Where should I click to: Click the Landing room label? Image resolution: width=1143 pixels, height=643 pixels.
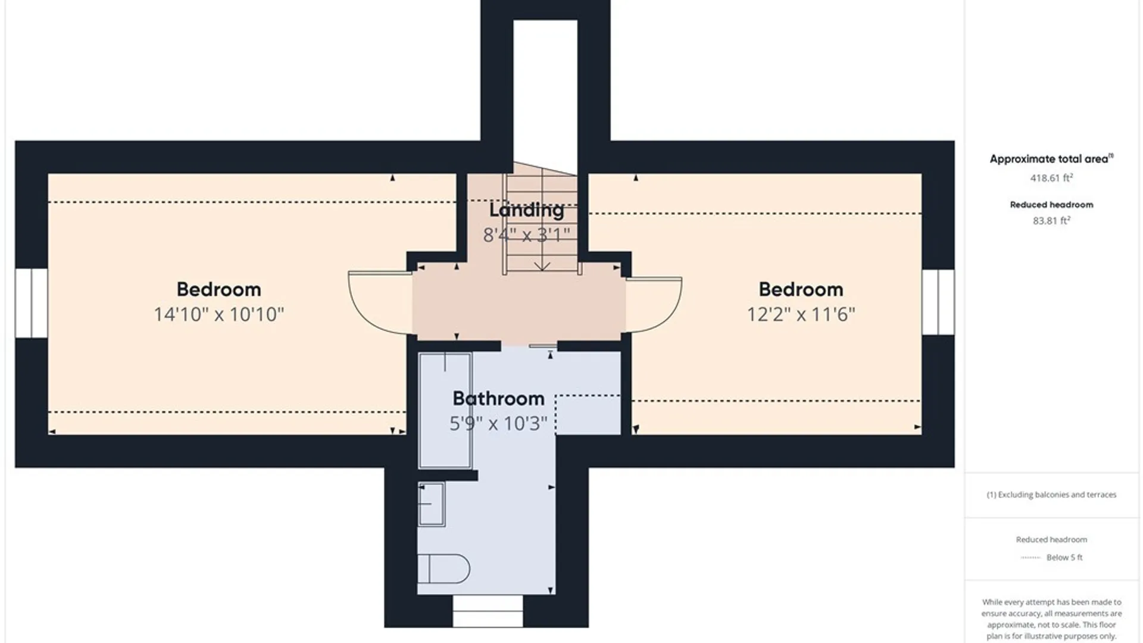526,210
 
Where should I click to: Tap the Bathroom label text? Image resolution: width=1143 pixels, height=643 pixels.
498,398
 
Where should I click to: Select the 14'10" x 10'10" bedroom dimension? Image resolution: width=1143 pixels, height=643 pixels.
219,314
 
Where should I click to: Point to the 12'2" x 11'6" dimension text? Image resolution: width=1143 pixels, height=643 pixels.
801,314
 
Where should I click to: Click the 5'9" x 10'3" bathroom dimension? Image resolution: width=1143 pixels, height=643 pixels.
498,423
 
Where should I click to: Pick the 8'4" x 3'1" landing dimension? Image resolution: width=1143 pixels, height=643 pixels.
526,235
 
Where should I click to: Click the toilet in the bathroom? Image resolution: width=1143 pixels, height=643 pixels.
444,569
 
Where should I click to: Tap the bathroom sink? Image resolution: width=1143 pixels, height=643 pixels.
432,504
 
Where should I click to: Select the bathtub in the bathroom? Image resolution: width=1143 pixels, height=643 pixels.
445,410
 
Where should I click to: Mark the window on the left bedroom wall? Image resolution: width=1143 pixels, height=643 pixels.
31,303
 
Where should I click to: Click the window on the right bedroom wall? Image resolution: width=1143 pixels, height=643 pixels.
938,302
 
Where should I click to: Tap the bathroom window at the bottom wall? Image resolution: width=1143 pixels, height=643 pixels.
488,611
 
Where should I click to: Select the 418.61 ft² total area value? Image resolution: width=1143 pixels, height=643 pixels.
1051,177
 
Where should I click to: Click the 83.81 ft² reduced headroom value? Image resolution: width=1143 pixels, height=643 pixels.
1051,220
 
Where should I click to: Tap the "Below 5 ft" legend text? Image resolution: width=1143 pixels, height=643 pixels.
1064,557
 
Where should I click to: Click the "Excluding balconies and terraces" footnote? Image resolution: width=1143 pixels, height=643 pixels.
1051,494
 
